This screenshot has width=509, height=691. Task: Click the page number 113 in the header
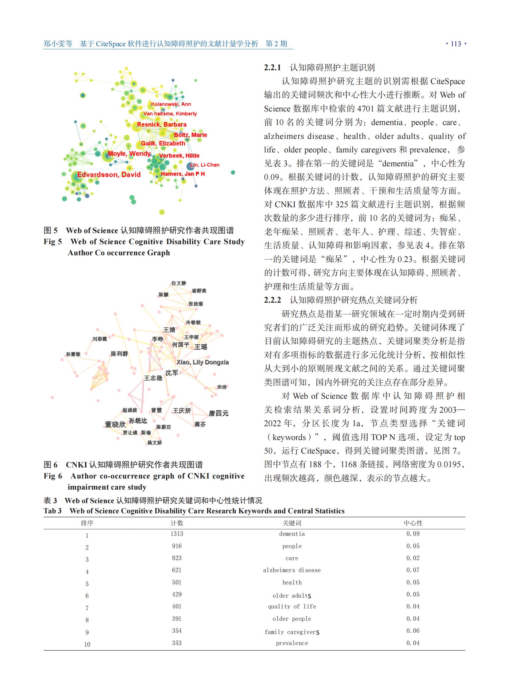click(x=456, y=44)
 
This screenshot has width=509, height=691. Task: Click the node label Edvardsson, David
click(x=109, y=175)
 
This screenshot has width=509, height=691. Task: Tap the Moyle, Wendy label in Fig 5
click(x=129, y=154)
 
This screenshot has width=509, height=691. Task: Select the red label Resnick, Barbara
click(x=162, y=125)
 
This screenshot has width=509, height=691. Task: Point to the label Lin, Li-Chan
click(x=205, y=165)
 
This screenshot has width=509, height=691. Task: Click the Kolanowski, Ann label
click(x=171, y=104)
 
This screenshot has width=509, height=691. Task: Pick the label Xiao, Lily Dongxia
click(x=202, y=362)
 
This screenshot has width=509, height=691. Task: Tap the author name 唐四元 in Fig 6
click(x=218, y=413)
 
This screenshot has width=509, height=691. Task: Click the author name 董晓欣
click(x=115, y=425)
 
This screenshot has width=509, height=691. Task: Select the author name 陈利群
click(x=119, y=354)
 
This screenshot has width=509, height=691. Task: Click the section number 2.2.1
click(x=272, y=67)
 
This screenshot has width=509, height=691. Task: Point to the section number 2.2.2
click(x=272, y=300)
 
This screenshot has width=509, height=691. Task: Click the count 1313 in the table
click(x=177, y=534)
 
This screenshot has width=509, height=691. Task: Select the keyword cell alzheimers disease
click(x=292, y=570)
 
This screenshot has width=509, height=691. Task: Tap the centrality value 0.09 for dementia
click(x=413, y=534)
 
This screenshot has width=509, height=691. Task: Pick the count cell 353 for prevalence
click(x=177, y=643)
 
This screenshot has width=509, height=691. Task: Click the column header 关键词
click(x=292, y=523)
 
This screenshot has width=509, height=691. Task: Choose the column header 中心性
click(x=413, y=523)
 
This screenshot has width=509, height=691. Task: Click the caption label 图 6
click(x=50, y=465)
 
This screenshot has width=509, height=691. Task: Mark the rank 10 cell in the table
click(x=87, y=645)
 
